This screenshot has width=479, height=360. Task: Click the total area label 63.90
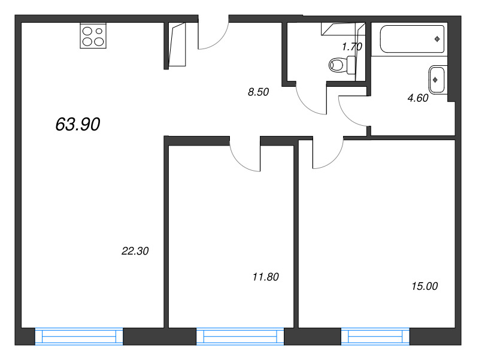coord(78,125)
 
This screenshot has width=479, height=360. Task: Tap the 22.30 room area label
coord(135,251)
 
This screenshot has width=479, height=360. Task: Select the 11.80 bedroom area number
coord(266,277)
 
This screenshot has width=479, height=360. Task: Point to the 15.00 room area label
coord(425,286)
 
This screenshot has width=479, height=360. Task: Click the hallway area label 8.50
coord(259,92)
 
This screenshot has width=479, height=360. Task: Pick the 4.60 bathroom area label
coord(418,98)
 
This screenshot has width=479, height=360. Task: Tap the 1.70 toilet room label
coord(352,47)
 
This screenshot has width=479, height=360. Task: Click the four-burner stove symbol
coord(93,36)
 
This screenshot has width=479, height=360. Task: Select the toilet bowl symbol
coord(342,65)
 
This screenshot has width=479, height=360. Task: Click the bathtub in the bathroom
coord(412,39)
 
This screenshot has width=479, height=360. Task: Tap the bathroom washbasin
coord(438,80)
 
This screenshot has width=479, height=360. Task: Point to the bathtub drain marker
coord(437,39)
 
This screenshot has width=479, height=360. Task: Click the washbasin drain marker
coord(435,80)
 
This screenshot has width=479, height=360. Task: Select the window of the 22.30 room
coord(79,337)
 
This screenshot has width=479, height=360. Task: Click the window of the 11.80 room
coord(240,337)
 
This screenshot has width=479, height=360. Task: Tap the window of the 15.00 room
coord(375,337)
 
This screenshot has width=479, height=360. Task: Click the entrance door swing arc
coord(219,41)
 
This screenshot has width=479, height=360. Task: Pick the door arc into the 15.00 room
coord(335,160)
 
